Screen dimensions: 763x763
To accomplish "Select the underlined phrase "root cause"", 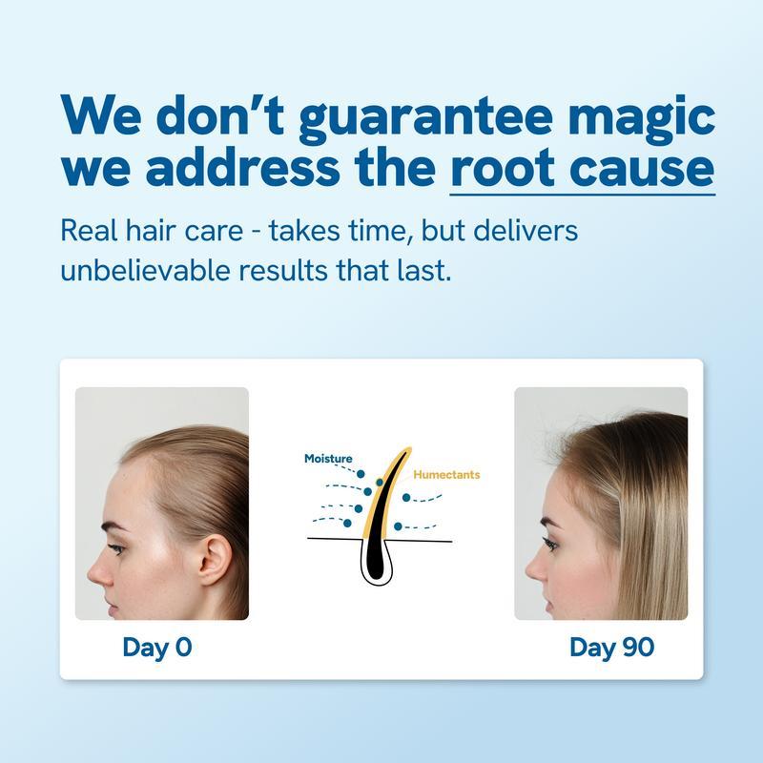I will click(x=582, y=169).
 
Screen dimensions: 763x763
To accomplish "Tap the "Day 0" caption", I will click(x=157, y=647).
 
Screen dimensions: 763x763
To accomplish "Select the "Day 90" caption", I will click(x=611, y=647).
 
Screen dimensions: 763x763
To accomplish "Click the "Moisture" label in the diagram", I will click(x=328, y=459).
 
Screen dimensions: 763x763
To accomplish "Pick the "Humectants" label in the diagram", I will click(x=446, y=474).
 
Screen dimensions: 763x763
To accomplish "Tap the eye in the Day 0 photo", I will click(x=116, y=548).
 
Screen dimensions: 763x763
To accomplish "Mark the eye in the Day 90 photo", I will click(x=551, y=543).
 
